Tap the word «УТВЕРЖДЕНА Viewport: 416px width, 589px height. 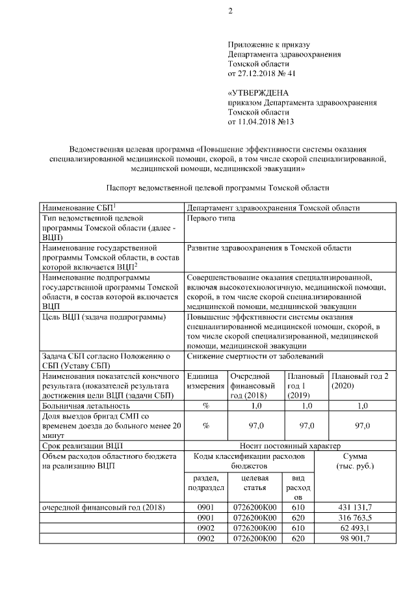(x=258, y=93)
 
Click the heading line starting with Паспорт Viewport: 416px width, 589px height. (x=218, y=187)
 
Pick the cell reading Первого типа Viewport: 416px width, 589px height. (x=211, y=219)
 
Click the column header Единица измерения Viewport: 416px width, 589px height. (x=205, y=381)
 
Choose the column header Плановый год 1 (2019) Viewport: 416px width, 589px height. (x=305, y=386)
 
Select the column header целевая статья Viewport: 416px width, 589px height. (x=255, y=484)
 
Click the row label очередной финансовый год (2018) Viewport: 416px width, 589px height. (x=103, y=507)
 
